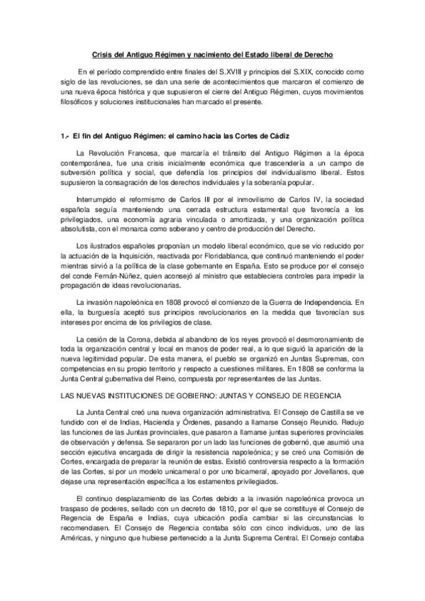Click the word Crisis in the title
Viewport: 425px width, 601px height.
[x=104, y=55]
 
